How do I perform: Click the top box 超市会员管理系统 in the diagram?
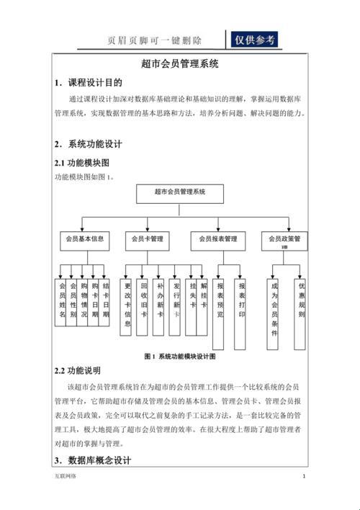coord(180,193)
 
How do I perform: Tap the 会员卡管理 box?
coord(147,239)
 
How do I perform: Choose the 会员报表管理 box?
coord(218,239)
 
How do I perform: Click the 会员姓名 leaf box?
coord(62,302)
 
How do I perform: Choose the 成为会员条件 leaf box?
coord(274,306)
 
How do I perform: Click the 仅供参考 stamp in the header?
coord(252,40)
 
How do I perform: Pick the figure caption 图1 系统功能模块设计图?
coord(180,356)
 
